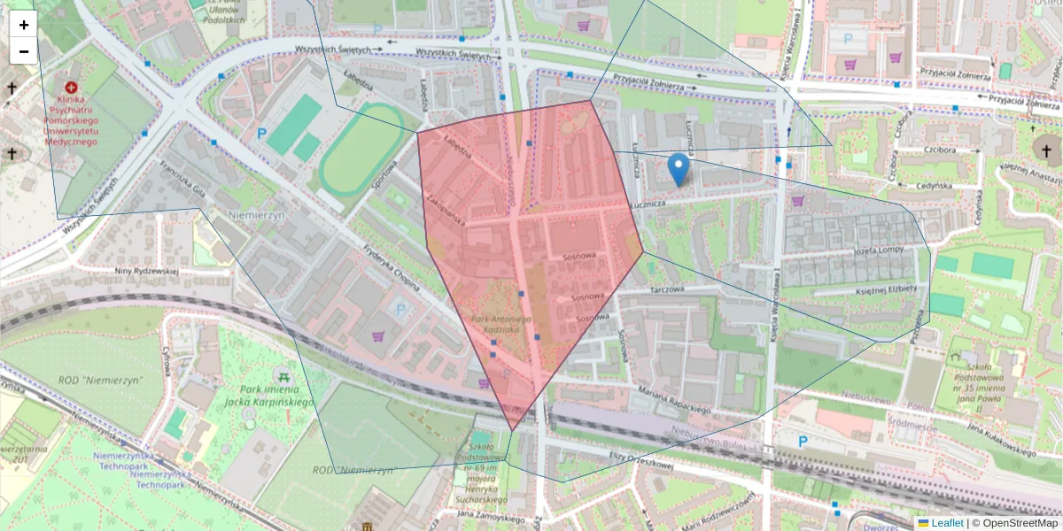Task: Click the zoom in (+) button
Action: point(23,25)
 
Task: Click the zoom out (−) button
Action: point(23,51)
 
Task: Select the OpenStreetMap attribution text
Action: point(1014,523)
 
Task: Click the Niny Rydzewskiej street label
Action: point(148,271)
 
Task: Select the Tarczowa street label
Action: point(669,289)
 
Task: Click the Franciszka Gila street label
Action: point(182,181)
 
